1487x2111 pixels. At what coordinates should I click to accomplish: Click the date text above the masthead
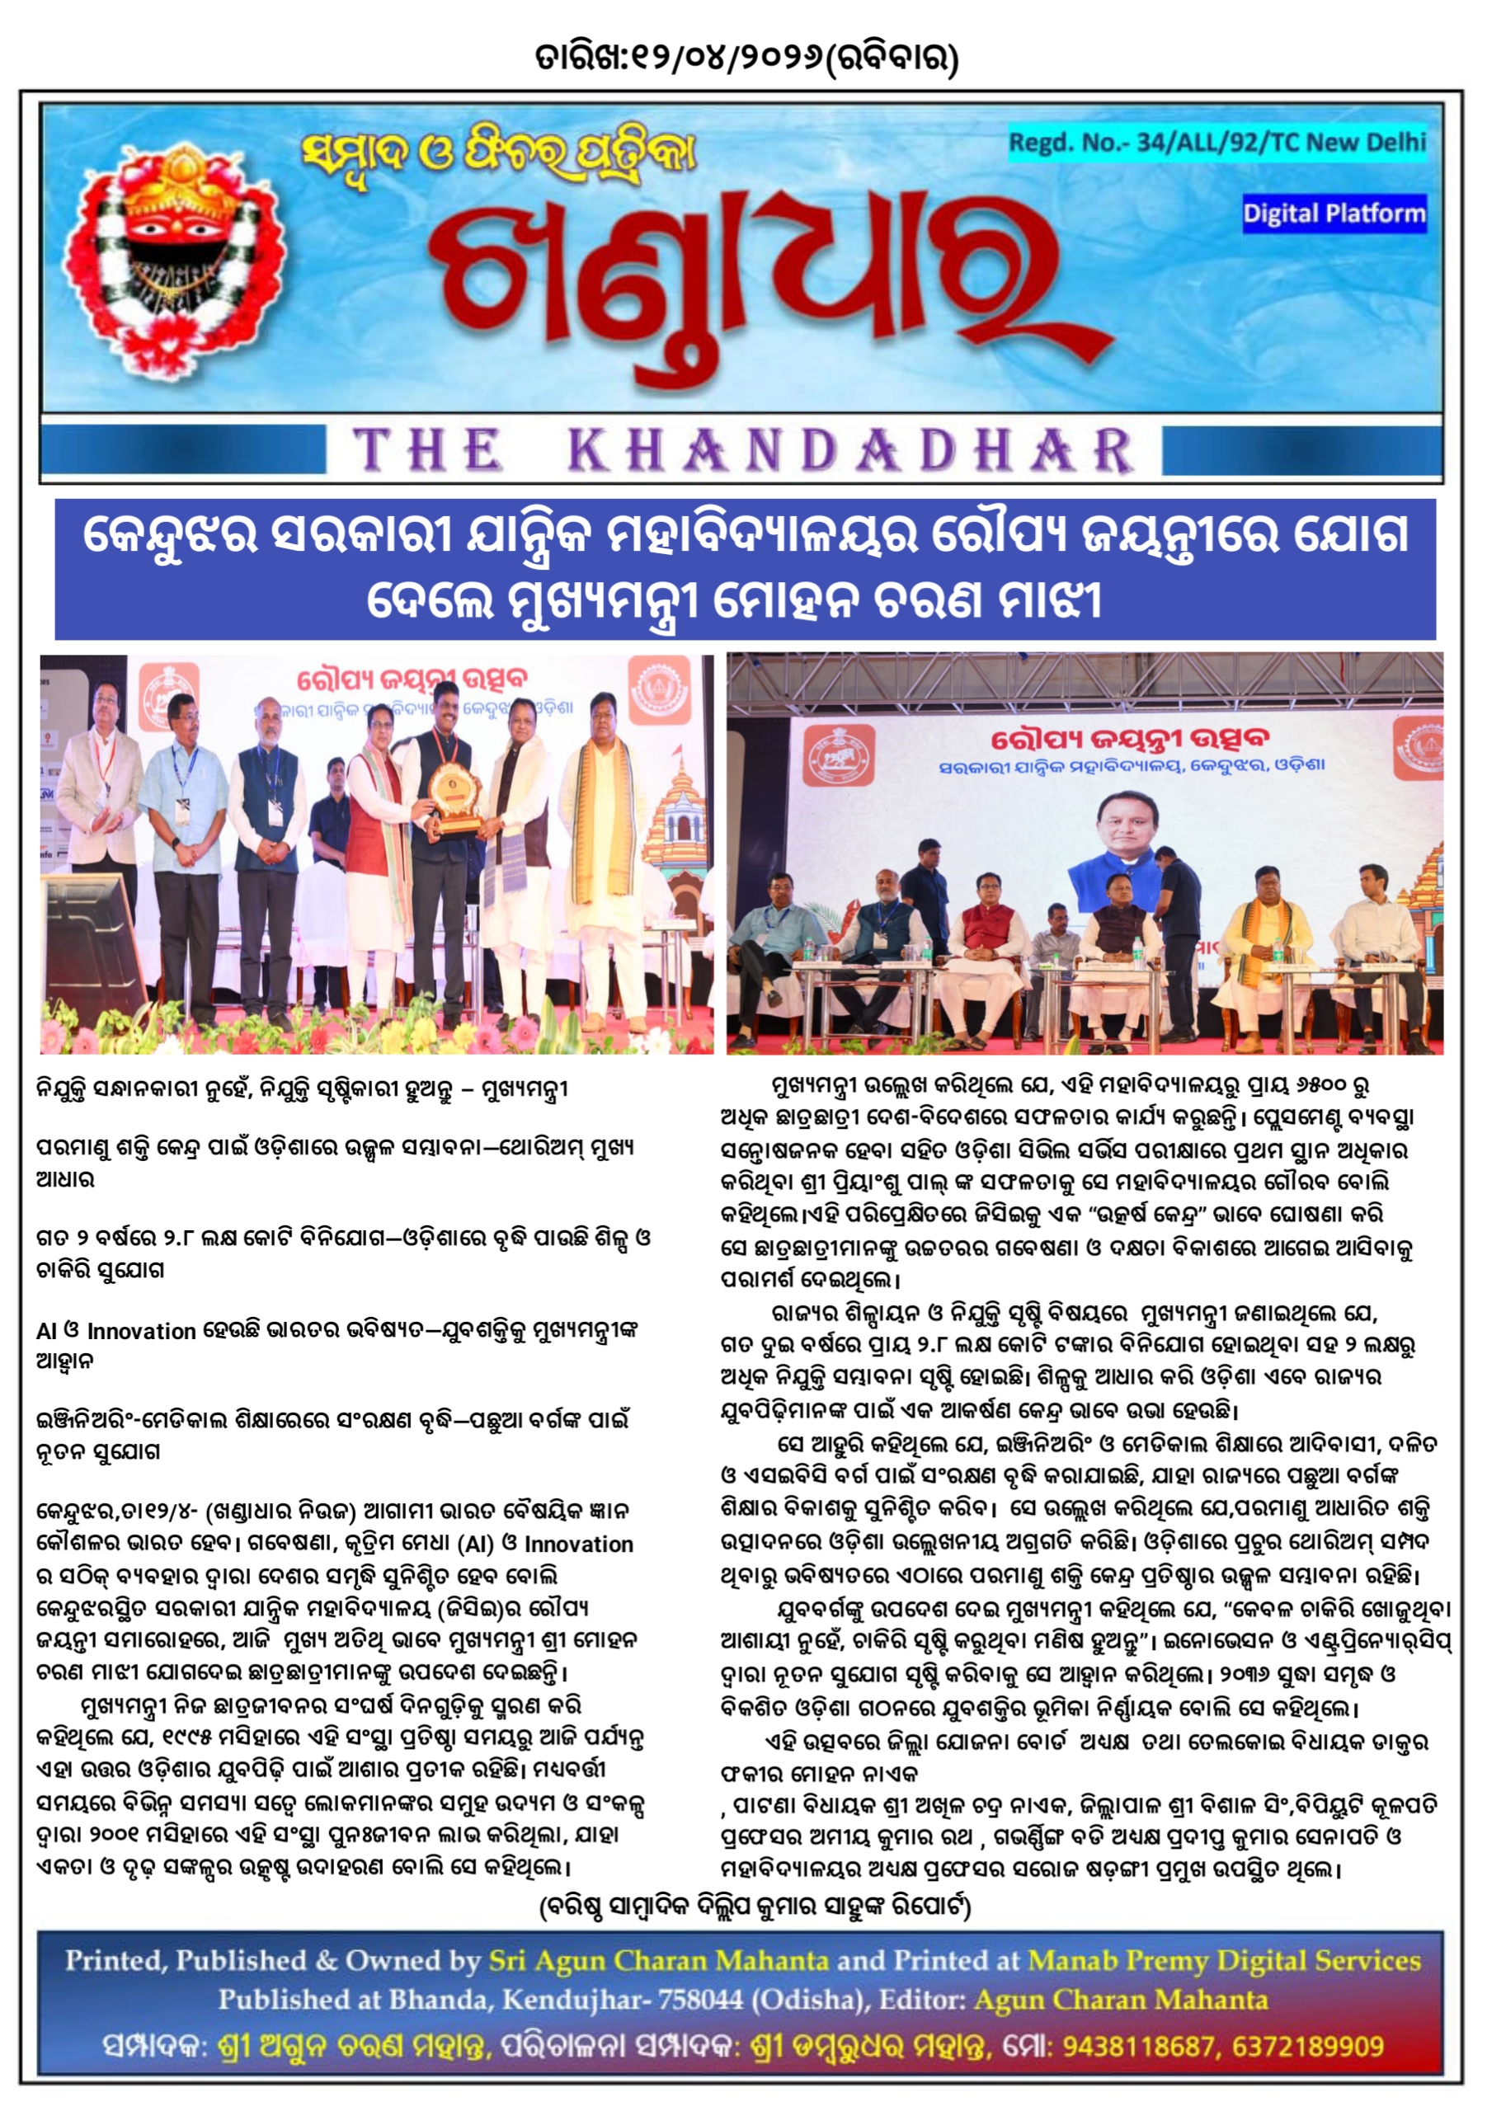[746, 59]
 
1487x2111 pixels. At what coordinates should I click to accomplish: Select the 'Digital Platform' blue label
[1333, 214]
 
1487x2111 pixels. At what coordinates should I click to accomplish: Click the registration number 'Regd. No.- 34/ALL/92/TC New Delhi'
[1216, 143]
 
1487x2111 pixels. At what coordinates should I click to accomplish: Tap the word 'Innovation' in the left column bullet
[141, 1330]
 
